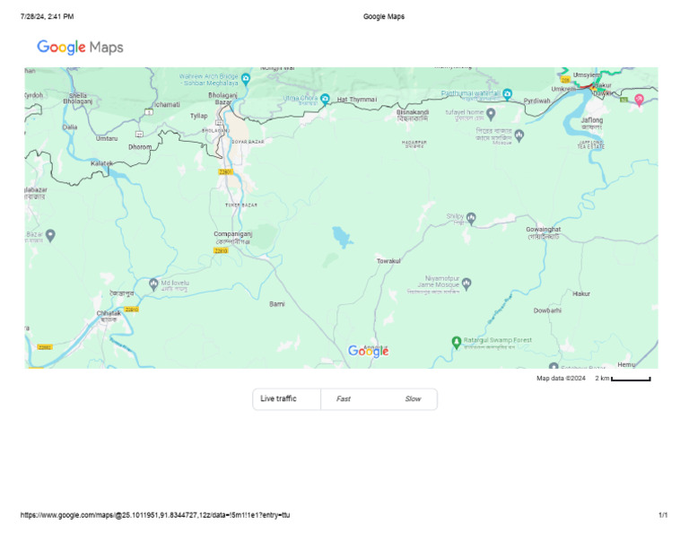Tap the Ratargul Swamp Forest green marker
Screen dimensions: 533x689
tap(456, 341)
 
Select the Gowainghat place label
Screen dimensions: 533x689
tap(544, 230)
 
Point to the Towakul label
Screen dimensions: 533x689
tap(388, 260)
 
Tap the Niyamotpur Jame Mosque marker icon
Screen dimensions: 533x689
tap(466, 284)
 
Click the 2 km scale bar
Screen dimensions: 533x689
tap(631, 379)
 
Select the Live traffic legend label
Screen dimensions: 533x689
tap(278, 398)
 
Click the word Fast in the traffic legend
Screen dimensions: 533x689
tap(344, 398)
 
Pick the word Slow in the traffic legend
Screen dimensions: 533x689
tap(413, 398)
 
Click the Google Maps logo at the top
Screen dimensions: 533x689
tap(80, 48)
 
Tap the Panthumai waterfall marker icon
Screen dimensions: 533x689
tap(507, 92)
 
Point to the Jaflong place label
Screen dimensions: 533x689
tap(592, 119)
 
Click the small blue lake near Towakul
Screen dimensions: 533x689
tap(342, 237)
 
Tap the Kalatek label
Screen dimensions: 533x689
tap(101, 163)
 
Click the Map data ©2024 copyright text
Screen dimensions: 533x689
tap(561, 379)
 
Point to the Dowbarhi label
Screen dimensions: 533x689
tap(547, 310)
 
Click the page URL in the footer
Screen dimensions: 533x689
tap(154, 515)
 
